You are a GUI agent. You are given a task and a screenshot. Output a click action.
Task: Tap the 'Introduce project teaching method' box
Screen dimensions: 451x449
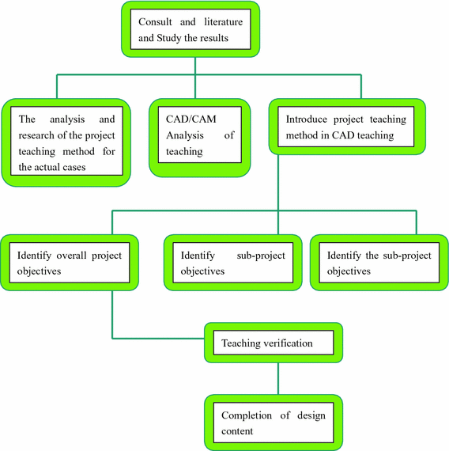point(346,127)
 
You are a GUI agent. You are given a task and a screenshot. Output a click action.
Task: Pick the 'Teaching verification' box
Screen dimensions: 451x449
point(274,343)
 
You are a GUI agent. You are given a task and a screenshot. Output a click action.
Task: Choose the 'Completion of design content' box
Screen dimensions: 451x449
point(274,423)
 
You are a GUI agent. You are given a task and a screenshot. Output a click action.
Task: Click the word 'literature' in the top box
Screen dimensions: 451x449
point(223,21)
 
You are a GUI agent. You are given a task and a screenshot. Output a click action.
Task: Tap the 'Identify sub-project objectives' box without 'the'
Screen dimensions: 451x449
point(232,263)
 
